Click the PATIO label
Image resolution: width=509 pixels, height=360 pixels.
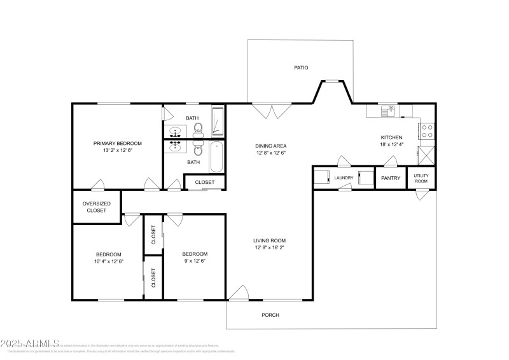point(301,67)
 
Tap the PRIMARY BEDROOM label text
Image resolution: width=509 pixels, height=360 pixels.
point(118,143)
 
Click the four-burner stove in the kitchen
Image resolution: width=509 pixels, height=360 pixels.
point(426,131)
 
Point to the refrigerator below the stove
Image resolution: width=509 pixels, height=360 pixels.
point(426,155)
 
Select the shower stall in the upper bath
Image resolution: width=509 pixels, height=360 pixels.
point(218,121)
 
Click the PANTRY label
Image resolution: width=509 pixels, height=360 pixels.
point(391,178)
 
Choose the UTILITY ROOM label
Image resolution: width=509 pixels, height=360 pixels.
point(421,178)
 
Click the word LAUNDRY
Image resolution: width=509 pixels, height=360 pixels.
point(344,178)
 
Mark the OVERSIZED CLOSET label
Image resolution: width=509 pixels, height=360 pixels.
point(97,207)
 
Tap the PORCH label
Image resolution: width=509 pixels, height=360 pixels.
point(270,315)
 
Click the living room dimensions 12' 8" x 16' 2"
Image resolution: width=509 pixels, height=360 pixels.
point(270,247)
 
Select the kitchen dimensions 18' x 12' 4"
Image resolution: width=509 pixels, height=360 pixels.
point(392,145)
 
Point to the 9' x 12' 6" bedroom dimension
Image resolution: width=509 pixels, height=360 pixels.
point(194,260)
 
